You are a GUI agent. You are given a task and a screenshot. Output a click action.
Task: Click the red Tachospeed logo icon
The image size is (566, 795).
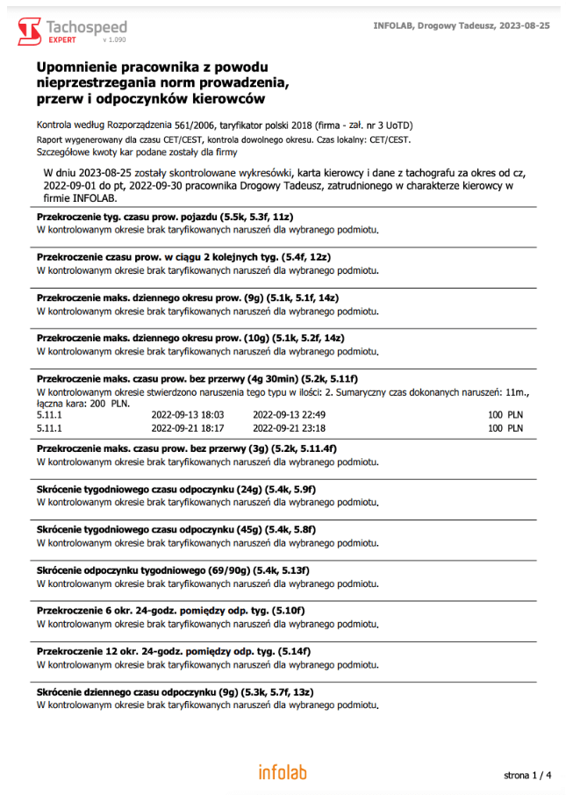pos(29,31)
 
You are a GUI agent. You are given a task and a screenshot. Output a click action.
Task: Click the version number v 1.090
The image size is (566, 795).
pos(114,40)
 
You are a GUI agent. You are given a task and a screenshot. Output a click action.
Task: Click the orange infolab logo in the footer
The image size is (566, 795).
pos(282,772)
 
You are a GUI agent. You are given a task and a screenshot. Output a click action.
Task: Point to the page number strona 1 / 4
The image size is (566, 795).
pos(527,775)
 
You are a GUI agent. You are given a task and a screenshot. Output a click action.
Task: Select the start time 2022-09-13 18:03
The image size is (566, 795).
pos(189,414)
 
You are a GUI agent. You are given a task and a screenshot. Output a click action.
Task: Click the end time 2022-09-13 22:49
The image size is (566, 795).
pos(289,414)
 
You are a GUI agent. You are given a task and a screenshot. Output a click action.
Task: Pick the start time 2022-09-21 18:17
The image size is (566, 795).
pos(189,428)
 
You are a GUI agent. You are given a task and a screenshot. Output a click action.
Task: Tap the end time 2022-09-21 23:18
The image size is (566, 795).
pos(289,428)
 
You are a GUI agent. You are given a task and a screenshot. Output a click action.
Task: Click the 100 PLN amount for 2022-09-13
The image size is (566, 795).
pos(506,414)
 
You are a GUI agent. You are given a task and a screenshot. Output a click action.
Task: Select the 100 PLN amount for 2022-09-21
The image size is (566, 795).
pos(506,428)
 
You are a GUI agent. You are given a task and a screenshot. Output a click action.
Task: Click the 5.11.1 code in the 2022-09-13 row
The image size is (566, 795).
pos(50,414)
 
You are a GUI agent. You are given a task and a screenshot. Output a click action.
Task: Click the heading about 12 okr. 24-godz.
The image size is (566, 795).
pos(173,651)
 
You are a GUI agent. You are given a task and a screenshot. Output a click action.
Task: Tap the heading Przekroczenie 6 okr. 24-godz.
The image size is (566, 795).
pos(170,610)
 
